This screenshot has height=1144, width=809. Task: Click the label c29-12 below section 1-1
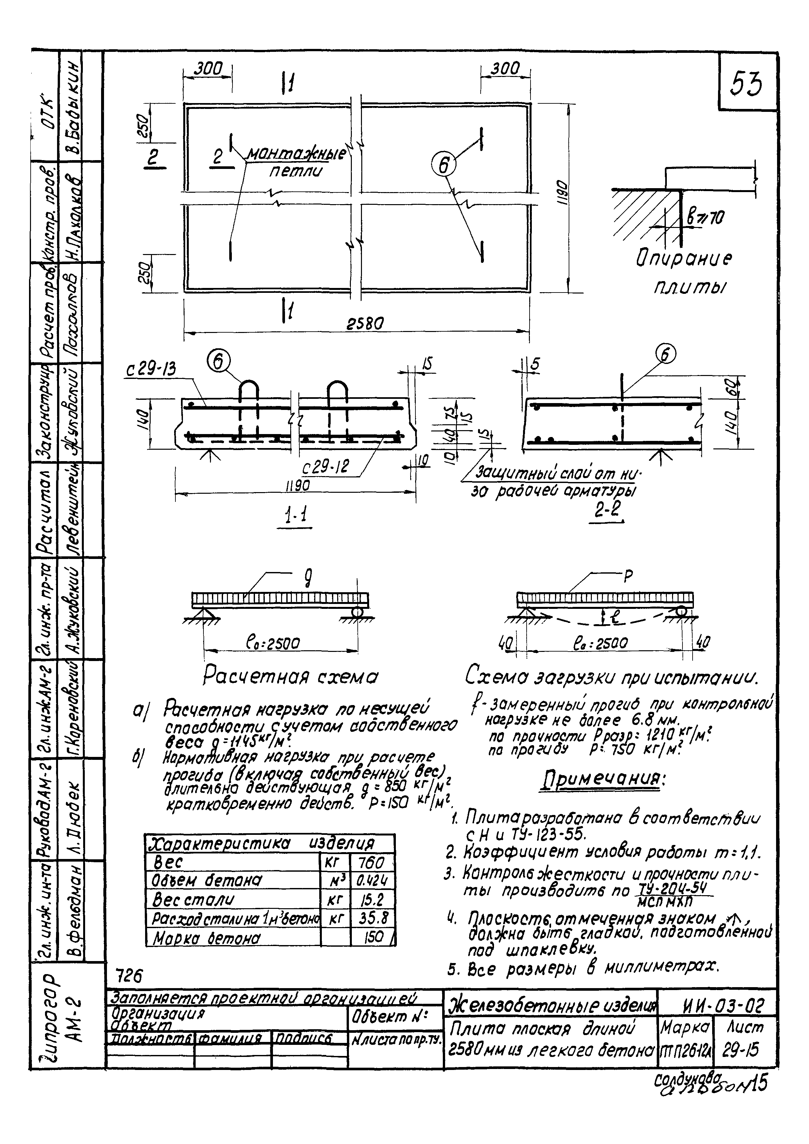pyautogui.click(x=326, y=467)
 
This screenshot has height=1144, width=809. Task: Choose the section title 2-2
pyautogui.click(x=608, y=510)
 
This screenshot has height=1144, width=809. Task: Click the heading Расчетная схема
pyautogui.click(x=291, y=677)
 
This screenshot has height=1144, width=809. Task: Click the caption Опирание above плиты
pyautogui.click(x=684, y=259)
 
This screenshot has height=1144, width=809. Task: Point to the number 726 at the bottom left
pyautogui.click(x=128, y=976)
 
